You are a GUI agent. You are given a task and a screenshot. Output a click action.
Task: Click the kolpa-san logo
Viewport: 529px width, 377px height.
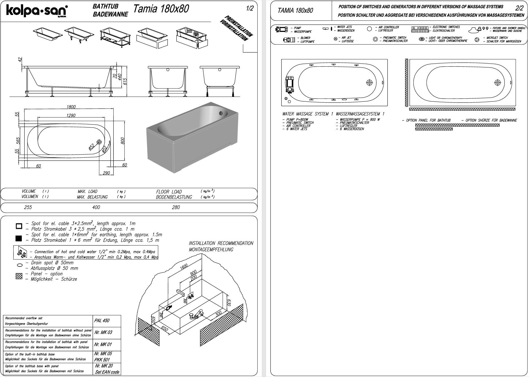click(x=37, y=11)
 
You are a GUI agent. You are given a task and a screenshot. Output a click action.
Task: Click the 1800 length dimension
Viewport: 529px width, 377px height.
click(x=71, y=107)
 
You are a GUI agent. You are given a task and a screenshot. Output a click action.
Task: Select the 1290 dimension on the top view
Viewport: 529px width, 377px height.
click(x=71, y=115)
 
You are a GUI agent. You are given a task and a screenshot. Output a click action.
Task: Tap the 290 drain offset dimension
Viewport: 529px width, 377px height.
click(x=106, y=173)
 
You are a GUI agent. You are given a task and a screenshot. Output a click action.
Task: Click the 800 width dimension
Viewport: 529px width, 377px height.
click(x=122, y=140)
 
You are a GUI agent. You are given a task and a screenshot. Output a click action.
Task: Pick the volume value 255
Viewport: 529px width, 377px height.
click(x=28, y=207)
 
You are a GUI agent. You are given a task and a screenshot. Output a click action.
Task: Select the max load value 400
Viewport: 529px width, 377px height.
click(x=96, y=207)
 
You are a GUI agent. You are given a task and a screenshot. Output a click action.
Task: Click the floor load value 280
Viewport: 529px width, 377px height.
click(x=176, y=207)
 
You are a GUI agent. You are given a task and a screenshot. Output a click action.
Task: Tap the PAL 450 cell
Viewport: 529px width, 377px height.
click(x=102, y=320)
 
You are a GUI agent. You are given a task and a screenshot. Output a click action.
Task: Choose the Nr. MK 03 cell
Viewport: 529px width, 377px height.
click(x=103, y=332)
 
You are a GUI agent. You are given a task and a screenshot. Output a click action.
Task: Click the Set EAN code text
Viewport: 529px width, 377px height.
click(x=107, y=372)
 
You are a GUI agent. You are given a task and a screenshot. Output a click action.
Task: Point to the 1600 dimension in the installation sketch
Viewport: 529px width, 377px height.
click(x=184, y=267)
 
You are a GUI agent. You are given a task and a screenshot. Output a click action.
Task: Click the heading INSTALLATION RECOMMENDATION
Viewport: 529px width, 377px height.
click(x=221, y=243)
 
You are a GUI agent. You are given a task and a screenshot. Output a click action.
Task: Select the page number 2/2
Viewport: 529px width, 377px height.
click(x=519, y=8)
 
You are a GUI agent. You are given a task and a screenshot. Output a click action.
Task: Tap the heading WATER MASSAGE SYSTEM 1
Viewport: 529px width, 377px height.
click(x=308, y=114)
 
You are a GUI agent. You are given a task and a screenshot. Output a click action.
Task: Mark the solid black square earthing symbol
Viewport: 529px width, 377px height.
click(x=19, y=238)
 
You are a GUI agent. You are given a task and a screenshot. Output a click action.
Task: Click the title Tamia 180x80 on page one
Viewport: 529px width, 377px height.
click(x=161, y=9)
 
